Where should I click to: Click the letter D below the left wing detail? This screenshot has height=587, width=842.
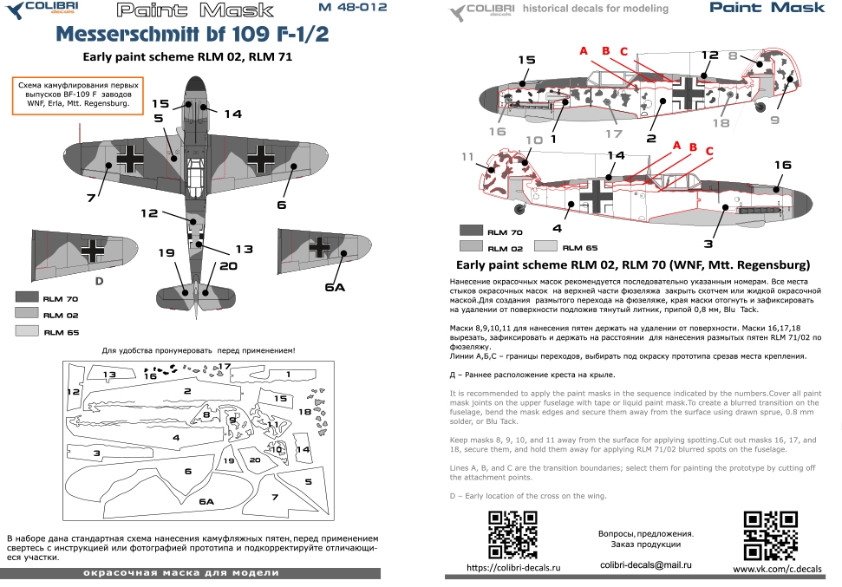(x=99, y=282)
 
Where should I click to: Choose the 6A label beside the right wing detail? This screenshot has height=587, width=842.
(x=335, y=287)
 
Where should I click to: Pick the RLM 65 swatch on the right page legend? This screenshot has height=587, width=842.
(x=548, y=245)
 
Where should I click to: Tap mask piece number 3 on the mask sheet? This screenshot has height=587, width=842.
(x=97, y=453)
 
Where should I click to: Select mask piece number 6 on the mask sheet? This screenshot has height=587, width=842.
(x=188, y=470)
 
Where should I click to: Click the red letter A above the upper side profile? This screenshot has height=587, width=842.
(x=584, y=51)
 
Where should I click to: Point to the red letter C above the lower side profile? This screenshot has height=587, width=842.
(x=709, y=151)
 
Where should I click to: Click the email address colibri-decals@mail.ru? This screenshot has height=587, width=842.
(x=645, y=564)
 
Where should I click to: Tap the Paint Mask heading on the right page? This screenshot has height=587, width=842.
(x=767, y=9)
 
